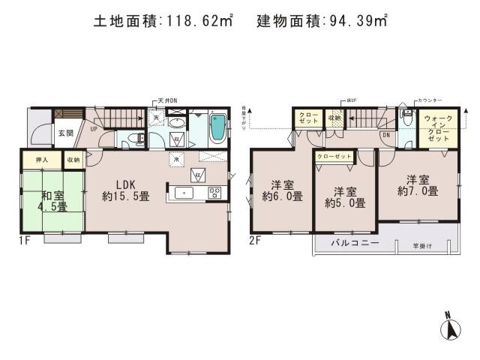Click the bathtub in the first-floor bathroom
[x=217, y=128]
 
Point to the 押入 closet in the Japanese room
[x=42, y=159]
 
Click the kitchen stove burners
[x=214, y=193]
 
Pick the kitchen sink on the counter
[x=184, y=193]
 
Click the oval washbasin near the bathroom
[x=177, y=124]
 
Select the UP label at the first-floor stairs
[x=94, y=128]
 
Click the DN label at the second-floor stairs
[x=385, y=136]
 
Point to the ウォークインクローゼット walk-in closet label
[x=434, y=129]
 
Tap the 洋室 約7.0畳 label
[x=418, y=185]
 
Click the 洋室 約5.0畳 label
[x=345, y=196]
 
